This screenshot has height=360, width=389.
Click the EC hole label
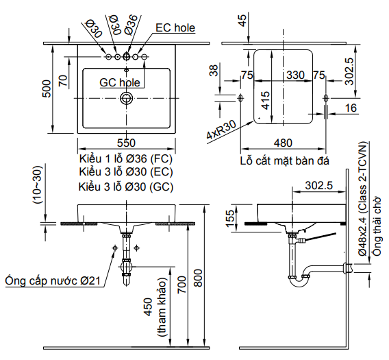click(175, 27)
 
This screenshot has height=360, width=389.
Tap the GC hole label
click(120, 82)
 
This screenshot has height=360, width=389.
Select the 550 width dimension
click(125, 143)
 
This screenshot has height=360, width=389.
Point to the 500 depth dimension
click(47, 89)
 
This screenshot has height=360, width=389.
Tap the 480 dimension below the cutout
click(283, 143)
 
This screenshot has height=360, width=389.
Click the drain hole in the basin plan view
click(125, 99)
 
